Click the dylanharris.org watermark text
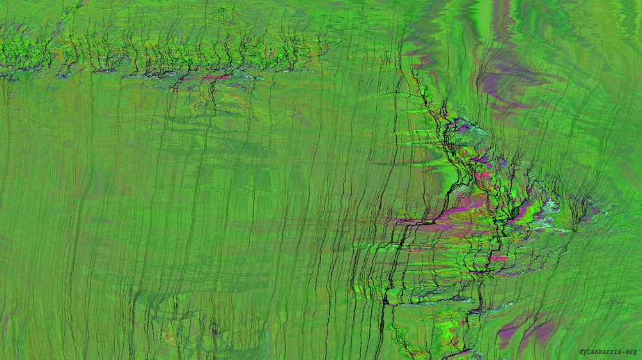[607, 352]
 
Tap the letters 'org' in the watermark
[630, 352]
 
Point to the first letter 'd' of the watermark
[581, 352]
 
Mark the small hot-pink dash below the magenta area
[498, 258]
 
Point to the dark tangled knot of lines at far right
[582, 209]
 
